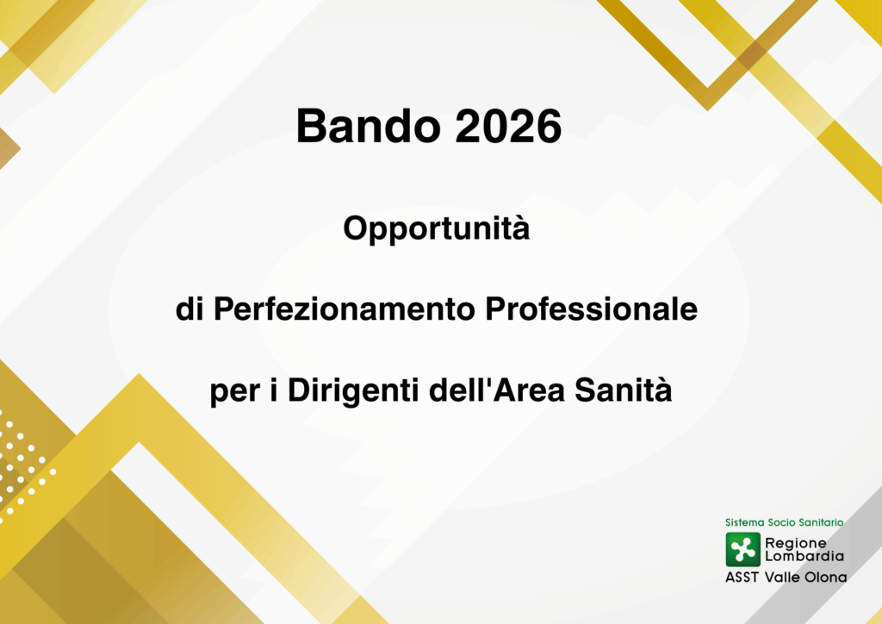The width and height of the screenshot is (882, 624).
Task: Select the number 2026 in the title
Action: click(x=508, y=126)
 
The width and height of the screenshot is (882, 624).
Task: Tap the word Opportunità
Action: click(x=437, y=229)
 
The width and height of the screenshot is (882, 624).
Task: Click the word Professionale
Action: click(x=591, y=309)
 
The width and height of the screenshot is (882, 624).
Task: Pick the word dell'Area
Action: click(x=497, y=390)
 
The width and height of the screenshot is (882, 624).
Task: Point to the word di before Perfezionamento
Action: click(x=189, y=309)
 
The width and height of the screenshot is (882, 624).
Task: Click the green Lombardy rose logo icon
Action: click(x=743, y=550)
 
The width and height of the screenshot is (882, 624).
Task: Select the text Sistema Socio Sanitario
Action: click(x=784, y=522)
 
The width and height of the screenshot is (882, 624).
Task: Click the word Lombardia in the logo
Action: click(x=804, y=556)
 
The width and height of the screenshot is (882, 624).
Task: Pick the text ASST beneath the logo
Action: click(x=742, y=577)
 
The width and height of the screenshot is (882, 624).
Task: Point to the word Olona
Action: click(x=826, y=577)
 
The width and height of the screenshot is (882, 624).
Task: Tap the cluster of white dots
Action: click(x=25, y=465)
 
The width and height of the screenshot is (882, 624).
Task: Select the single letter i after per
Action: click(x=274, y=390)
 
